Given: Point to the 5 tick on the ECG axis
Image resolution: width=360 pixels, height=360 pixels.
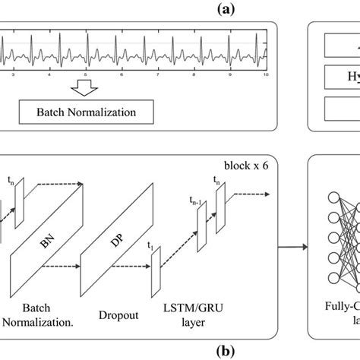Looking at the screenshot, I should (x=86, y=76).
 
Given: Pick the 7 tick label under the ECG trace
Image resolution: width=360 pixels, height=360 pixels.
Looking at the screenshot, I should (x=156, y=76).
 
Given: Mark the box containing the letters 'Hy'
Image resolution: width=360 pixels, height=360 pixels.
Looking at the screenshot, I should (x=334, y=77).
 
